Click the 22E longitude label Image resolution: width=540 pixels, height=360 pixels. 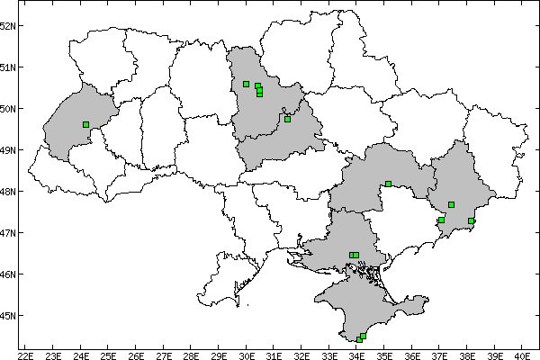point(25,354)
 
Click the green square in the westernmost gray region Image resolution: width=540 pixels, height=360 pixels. point(85,125)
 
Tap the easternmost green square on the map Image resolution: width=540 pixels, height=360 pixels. point(471,220)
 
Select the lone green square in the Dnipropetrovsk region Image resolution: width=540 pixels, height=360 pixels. point(388,184)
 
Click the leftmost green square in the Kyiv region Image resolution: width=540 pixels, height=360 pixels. point(246,85)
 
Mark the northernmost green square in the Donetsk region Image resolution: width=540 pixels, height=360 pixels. point(451,205)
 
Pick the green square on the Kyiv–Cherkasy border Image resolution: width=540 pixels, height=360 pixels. point(287,119)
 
